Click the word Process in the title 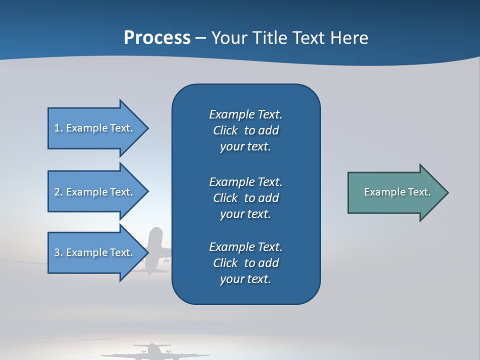click(157, 38)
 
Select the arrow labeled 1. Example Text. click(95, 128)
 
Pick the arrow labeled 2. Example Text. click(95, 192)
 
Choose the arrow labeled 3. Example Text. click(95, 252)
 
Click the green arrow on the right click(395, 192)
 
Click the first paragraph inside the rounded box click(245, 130)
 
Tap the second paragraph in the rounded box click(245, 197)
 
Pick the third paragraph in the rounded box click(245, 263)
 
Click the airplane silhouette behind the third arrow click(156, 250)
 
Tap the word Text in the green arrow click(419, 192)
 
